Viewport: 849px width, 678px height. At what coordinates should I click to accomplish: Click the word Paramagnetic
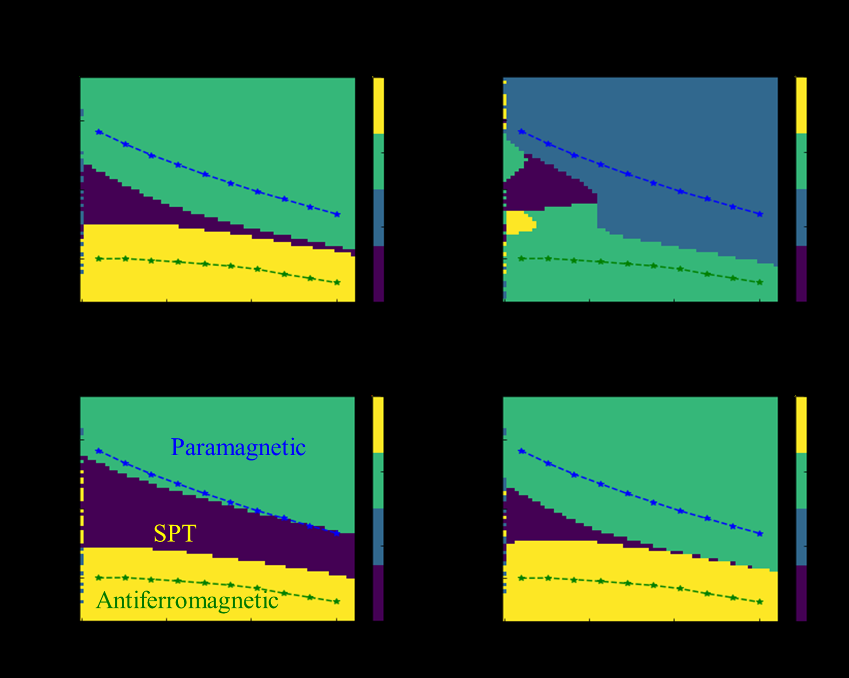238,448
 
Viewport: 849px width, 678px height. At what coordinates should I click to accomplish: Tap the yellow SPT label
175,533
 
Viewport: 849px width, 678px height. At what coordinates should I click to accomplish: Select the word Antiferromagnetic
187,600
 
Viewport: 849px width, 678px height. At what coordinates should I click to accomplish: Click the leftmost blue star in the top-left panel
99,132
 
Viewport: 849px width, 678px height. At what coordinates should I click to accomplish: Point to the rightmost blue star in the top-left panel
337,215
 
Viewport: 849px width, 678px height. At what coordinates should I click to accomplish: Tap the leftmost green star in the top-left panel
99,259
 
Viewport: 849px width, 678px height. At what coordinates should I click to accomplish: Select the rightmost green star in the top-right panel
760,282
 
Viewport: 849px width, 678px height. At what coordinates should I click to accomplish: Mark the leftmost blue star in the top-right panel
522,132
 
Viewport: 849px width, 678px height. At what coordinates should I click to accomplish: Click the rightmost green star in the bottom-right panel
760,602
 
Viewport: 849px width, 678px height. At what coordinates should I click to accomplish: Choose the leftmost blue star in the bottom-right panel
522,451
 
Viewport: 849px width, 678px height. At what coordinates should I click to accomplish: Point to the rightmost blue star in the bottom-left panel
337,533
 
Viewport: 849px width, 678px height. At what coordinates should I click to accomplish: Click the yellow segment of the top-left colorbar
378,106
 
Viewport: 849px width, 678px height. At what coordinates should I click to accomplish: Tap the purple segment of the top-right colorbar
801,274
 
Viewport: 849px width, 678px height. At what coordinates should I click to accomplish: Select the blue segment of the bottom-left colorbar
378,537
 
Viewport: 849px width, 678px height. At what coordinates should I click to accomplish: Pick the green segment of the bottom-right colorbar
801,481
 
